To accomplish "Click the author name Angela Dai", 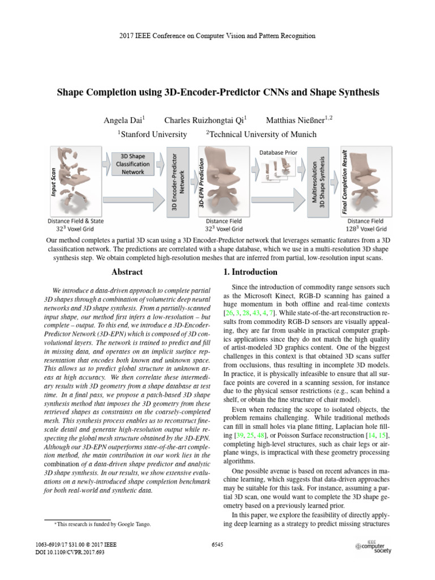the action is (x=124, y=120).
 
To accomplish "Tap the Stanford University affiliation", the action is (x=152, y=134).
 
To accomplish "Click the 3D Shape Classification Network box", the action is (x=133, y=163).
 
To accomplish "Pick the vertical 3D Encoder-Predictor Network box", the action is (x=178, y=185).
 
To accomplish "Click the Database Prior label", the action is (x=278, y=152).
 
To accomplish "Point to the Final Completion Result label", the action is (x=344, y=182).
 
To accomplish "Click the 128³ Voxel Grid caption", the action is (x=366, y=229).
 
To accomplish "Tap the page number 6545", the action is (x=217, y=544).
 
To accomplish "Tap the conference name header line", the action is (x=217, y=36).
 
